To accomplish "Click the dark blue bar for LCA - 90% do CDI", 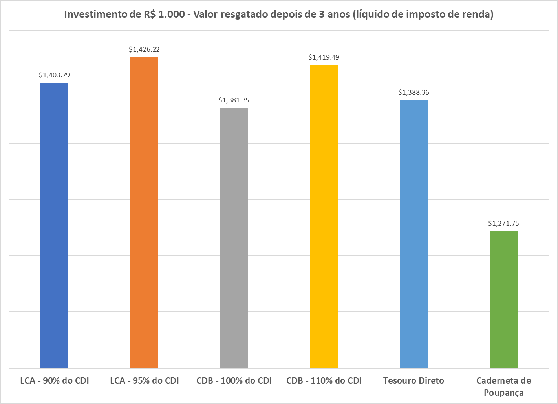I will tap(54, 225).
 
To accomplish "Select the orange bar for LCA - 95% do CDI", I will tap(144, 212).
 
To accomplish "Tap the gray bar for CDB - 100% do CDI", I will tap(234, 238).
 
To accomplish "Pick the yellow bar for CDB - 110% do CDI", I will tap(324, 216).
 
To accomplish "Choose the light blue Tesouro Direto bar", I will tap(414, 234).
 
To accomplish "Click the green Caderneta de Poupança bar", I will tap(504, 299).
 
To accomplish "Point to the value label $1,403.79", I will tap(54, 75).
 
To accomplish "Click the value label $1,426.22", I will tap(144, 49).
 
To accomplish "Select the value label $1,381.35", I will tap(234, 100).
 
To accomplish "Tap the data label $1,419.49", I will tap(324, 57).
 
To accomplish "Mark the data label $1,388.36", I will tap(414, 92).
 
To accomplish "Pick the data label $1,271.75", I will tap(503, 223).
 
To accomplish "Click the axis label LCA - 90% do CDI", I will tap(55, 380).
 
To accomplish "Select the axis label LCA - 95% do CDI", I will tap(145, 380).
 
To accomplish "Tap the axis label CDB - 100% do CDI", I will tap(234, 380).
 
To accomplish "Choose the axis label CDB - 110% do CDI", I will tap(324, 380).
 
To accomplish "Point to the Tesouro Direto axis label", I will tap(413, 380).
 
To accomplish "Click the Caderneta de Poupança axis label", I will tap(503, 386).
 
